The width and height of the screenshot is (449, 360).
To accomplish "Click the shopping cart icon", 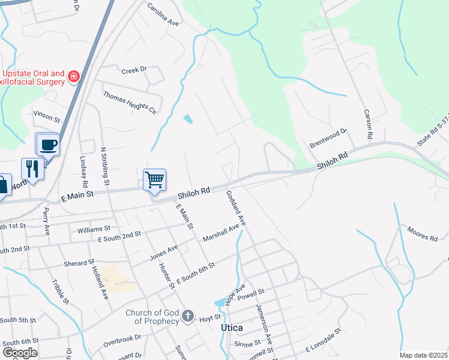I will [x=155, y=179].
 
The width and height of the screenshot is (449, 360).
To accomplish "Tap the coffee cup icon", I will [x=48, y=144].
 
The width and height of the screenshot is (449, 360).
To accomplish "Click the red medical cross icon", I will [x=74, y=76].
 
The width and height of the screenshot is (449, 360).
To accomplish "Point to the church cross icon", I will [x=188, y=316].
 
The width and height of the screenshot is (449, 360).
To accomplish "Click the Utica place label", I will [x=232, y=328].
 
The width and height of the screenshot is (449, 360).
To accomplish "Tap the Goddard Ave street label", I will [x=236, y=208].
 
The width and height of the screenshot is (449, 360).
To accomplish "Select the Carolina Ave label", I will [x=164, y=16].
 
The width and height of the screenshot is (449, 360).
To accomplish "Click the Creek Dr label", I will [x=134, y=70].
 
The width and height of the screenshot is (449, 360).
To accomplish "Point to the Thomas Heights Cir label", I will [x=129, y=103].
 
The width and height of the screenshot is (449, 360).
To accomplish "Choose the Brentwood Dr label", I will [x=328, y=138].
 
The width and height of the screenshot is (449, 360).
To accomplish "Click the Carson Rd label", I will [x=367, y=125].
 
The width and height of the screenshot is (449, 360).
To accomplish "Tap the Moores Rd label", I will [x=422, y=234].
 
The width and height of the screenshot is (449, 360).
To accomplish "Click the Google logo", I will [x=20, y=352].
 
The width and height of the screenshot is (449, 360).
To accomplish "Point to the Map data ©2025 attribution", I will [x=424, y=355].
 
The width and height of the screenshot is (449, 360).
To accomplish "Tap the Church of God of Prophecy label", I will [x=152, y=317].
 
